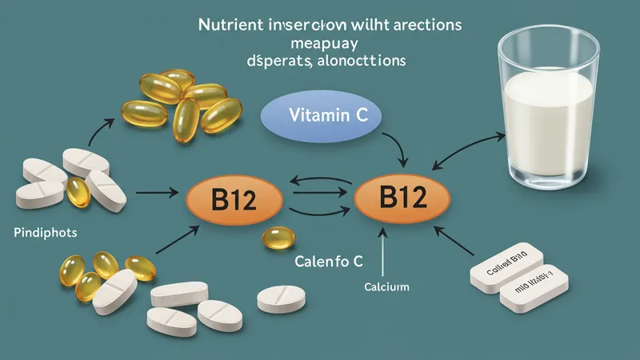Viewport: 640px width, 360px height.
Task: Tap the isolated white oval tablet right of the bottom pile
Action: (280, 299)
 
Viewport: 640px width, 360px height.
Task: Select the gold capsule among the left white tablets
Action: (78, 192)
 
